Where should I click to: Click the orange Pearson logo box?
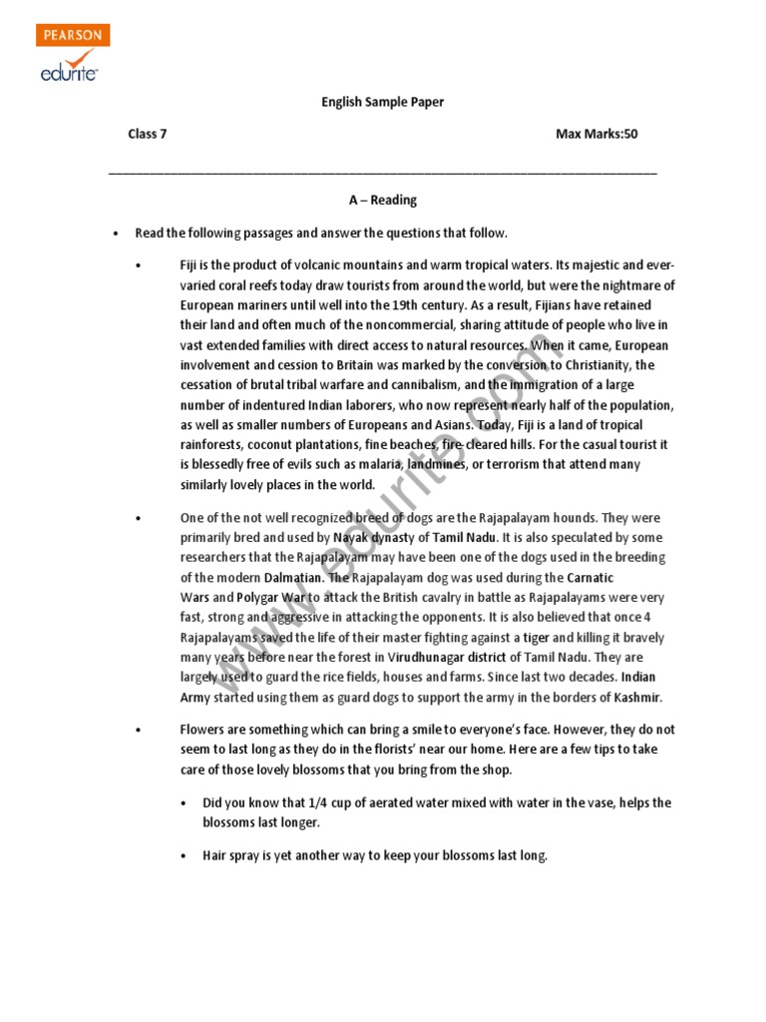click(x=73, y=35)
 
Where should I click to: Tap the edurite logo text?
click(x=69, y=71)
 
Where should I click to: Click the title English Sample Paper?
click(x=382, y=102)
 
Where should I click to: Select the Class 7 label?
click(x=147, y=134)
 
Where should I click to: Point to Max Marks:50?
click(x=596, y=134)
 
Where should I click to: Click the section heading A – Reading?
click(x=383, y=200)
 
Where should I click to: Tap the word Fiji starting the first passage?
click(x=190, y=265)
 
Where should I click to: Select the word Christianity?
click(x=606, y=365)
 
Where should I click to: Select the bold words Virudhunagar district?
click(x=447, y=658)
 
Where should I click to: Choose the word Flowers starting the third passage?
click(x=202, y=730)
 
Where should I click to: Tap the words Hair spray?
click(x=230, y=856)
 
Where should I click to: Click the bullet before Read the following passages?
click(x=116, y=234)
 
